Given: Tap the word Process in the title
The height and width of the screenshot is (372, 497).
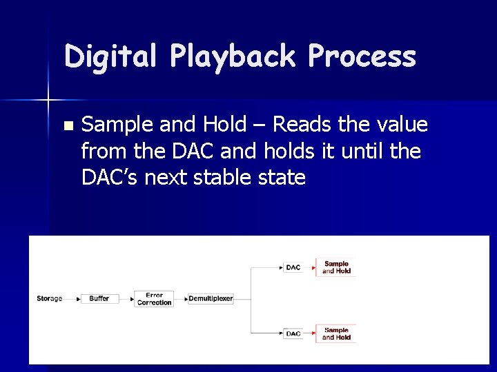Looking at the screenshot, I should point(362,56).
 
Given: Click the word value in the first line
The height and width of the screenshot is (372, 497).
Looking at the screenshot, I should point(402,125).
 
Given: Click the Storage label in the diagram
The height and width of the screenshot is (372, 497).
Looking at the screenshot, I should point(49,298).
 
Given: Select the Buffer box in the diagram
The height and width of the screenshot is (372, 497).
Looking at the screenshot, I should point(99,298).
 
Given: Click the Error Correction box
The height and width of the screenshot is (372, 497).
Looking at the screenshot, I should point(154,299).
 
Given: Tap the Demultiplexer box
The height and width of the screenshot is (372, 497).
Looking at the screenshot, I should point(211,299).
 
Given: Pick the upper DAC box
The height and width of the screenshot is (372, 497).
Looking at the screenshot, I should point(293,267).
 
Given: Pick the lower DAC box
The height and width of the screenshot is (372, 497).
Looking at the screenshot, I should point(293,333).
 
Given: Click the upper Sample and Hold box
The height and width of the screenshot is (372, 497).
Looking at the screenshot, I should point(336,267).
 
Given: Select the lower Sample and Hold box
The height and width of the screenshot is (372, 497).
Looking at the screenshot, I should point(336,333).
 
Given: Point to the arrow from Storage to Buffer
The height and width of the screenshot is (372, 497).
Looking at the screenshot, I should point(72,298).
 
